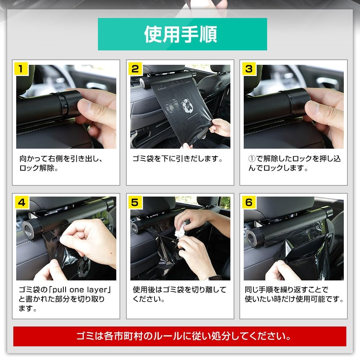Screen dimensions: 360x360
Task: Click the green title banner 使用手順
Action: point(182,34)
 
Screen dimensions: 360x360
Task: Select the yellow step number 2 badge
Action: point(135,68)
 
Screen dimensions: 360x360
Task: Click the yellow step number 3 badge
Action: point(249,68)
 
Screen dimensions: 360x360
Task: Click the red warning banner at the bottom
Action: point(180,337)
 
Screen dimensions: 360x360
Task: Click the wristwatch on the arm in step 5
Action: point(215,278)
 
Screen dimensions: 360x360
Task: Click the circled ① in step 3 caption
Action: point(252,159)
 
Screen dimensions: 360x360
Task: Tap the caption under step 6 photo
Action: point(294,294)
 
